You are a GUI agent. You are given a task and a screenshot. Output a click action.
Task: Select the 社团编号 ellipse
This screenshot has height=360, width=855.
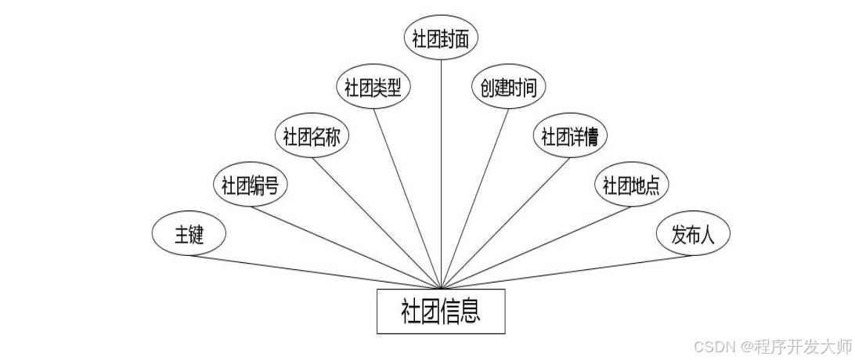[x=251, y=185]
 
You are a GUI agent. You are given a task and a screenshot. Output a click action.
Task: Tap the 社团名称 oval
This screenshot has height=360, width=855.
[x=312, y=136]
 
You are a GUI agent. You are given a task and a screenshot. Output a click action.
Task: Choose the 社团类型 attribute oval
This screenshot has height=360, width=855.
[x=373, y=87]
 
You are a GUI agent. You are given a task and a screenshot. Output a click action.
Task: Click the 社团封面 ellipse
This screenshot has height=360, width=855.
[x=441, y=38]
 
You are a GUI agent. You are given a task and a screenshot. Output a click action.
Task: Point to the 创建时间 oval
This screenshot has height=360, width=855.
[x=508, y=87]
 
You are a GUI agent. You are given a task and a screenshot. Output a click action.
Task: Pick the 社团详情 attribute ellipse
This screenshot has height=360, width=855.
[x=570, y=136]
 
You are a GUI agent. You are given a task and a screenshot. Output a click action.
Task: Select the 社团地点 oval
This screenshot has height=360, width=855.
[x=631, y=185]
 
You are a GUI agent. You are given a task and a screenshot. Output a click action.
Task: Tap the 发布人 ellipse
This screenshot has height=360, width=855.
[x=693, y=234]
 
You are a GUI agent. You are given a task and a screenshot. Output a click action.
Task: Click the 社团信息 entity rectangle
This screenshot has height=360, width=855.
[x=441, y=311]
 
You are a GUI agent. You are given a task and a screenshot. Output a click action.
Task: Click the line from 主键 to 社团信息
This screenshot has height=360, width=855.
[x=313, y=272]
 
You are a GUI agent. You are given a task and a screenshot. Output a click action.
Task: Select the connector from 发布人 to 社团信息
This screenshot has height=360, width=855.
[x=568, y=272]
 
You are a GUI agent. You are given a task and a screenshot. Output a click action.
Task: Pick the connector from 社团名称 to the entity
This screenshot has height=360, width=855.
[x=378, y=223]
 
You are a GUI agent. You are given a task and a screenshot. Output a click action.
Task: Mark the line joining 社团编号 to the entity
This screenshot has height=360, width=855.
[x=346, y=247]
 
